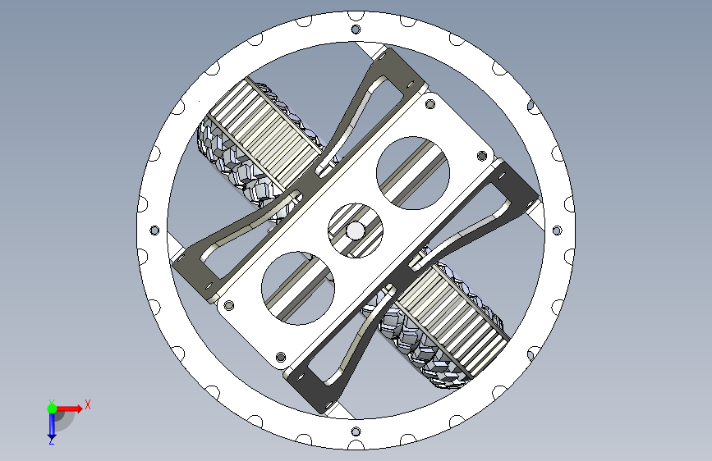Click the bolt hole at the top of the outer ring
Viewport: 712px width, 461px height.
coord(356,30)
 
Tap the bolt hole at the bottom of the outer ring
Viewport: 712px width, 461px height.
coord(356,431)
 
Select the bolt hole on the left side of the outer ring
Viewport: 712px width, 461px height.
coord(154,230)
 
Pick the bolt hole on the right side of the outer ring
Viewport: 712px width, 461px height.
coord(557,230)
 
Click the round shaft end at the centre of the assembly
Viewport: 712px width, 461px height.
coord(355,231)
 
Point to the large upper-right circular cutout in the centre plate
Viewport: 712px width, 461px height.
coord(413,173)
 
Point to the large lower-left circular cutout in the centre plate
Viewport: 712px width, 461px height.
coord(298,288)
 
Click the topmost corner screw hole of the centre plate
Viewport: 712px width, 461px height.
coord(429,105)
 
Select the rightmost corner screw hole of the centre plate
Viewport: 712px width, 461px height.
coord(482,156)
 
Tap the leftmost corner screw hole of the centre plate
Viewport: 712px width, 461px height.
coord(229,304)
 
